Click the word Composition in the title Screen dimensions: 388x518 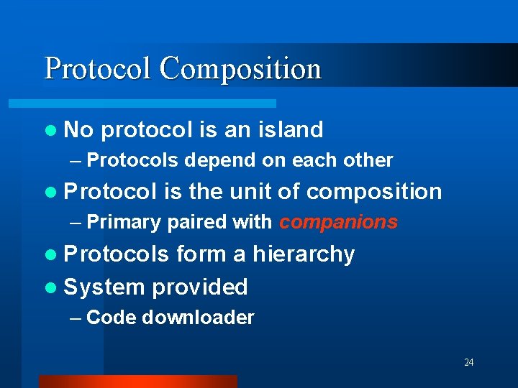pyautogui.click(x=240, y=70)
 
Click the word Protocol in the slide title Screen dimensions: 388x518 pyautogui.click(x=99, y=70)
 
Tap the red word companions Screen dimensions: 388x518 pyautogui.click(x=338, y=223)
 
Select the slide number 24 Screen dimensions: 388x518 pyautogui.click(x=468, y=362)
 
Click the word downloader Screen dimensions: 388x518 pyautogui.click(x=198, y=318)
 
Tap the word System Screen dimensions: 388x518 pyautogui.click(x=104, y=287)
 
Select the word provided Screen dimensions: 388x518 pyautogui.click(x=200, y=287)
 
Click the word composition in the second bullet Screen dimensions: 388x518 pyautogui.click(x=373, y=192)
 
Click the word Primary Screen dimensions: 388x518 pyautogui.click(x=124, y=223)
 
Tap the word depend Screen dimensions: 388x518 pyautogui.click(x=211, y=161)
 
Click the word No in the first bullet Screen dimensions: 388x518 pyautogui.click(x=79, y=130)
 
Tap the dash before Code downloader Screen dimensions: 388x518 pyautogui.click(x=75, y=318)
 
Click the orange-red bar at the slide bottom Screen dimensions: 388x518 pyautogui.click(x=137, y=382)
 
